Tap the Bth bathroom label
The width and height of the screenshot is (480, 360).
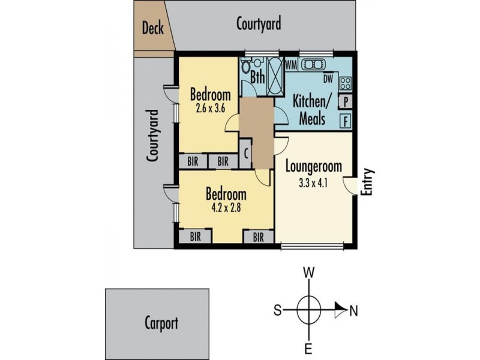point(257,77)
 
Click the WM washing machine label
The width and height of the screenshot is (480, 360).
point(292,64)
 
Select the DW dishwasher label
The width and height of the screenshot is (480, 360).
point(328,78)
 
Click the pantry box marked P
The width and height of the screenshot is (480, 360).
point(347,101)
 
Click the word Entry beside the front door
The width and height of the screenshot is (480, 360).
point(368,181)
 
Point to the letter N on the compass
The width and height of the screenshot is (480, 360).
point(353,311)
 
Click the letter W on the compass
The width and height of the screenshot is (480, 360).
point(309,272)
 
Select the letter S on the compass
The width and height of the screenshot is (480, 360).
point(278,311)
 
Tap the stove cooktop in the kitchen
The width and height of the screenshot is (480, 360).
point(346,82)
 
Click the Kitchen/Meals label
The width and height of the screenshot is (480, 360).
point(308,109)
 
